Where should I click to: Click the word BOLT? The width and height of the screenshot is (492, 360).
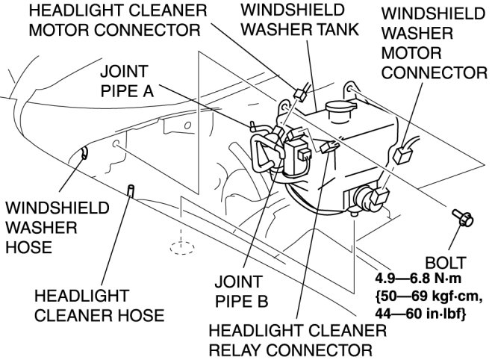tap(445, 262)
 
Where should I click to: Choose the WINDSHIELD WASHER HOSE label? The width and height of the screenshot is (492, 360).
tap(56, 226)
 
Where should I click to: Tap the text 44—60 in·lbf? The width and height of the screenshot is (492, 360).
tap(419, 314)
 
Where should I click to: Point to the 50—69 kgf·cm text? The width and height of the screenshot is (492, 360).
tap(419, 298)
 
